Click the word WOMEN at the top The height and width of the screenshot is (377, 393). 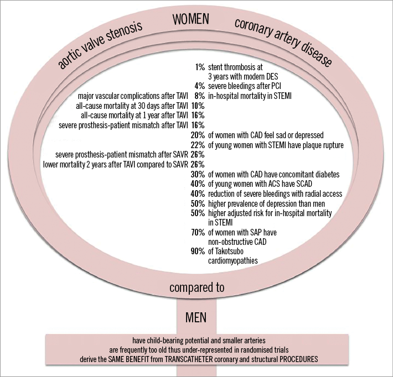click(x=191, y=19)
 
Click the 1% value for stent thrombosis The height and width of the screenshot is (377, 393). click(x=200, y=67)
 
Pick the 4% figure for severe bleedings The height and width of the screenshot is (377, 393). click(x=200, y=86)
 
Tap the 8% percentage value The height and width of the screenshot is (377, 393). click(x=200, y=96)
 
